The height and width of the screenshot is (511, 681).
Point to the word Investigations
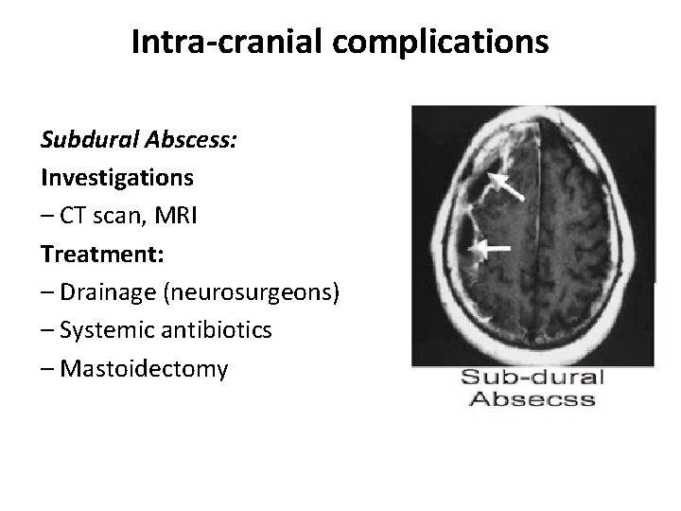(117, 177)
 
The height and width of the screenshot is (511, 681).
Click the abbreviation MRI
(177, 216)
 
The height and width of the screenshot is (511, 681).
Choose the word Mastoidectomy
(143, 368)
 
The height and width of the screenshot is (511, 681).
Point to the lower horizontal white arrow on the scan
(489, 249)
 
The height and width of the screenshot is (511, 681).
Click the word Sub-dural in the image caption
(532, 379)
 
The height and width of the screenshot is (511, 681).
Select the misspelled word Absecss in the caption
(532, 398)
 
